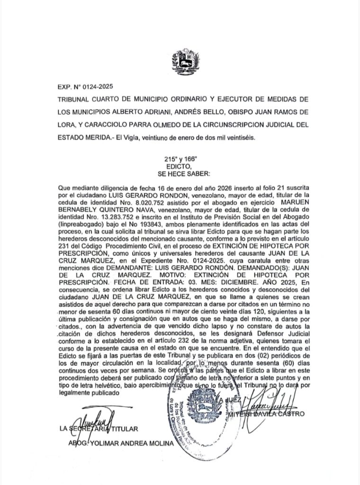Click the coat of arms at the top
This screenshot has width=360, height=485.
(182, 62)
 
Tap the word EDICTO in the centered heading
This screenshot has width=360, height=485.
(179, 167)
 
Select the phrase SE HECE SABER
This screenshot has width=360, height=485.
(179, 173)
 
